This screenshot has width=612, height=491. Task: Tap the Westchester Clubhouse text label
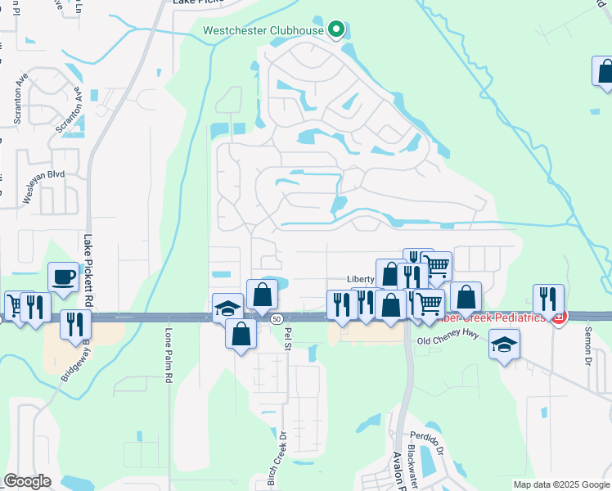point(263,32)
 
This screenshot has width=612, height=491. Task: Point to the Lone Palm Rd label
point(169,356)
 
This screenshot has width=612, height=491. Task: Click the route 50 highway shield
point(277,318)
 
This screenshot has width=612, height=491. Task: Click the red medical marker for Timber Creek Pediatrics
point(558,318)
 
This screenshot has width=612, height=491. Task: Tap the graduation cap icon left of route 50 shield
point(228,308)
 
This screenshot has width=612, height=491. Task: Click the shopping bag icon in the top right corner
point(604,71)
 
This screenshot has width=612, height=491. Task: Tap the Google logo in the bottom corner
point(27,480)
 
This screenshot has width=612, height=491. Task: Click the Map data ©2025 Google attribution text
point(560,484)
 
